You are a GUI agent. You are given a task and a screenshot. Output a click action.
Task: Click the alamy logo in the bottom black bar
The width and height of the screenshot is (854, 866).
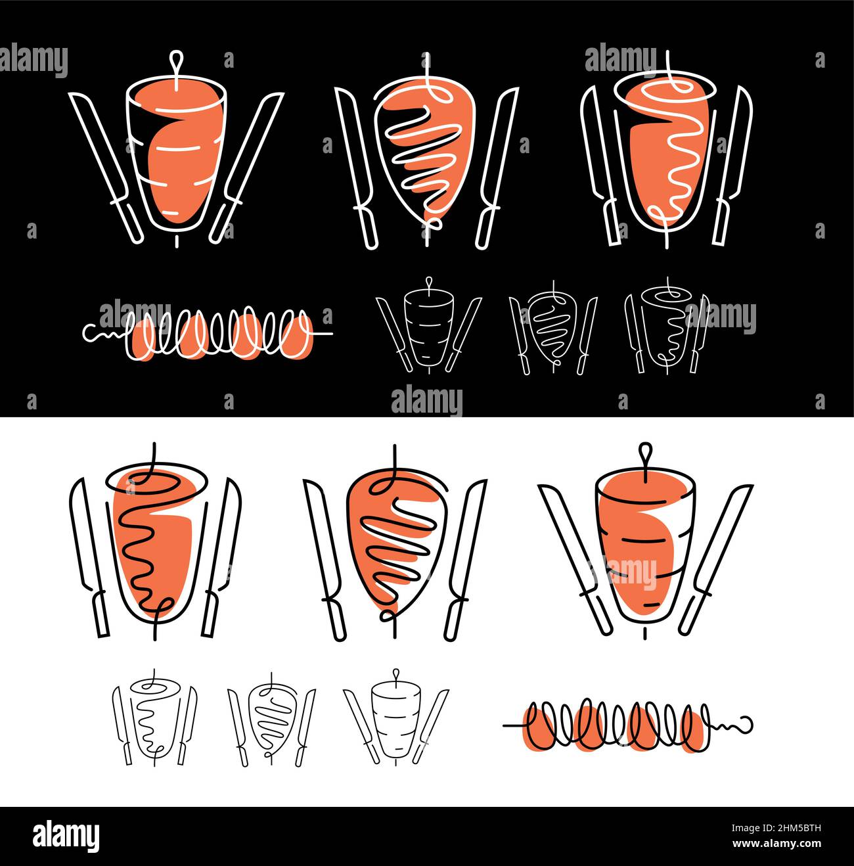[66, 836]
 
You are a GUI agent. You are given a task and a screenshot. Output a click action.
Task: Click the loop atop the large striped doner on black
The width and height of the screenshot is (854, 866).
[175, 60]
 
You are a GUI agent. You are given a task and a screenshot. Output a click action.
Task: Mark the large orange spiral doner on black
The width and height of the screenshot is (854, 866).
[667, 148]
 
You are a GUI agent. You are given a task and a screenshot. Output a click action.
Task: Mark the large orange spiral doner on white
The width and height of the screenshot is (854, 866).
[155, 539]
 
